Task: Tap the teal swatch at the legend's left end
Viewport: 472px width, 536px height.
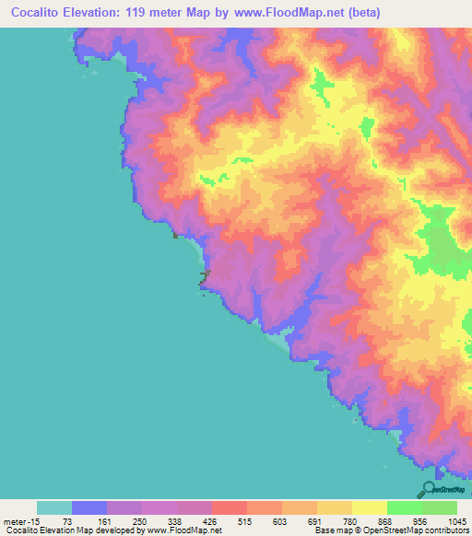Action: tap(54, 507)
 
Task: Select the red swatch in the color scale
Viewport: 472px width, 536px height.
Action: tap(229, 507)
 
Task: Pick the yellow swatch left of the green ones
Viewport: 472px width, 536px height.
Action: tap(369, 507)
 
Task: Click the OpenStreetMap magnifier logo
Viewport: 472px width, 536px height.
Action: tap(427, 489)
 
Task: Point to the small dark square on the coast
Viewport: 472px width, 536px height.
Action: tap(174, 235)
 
